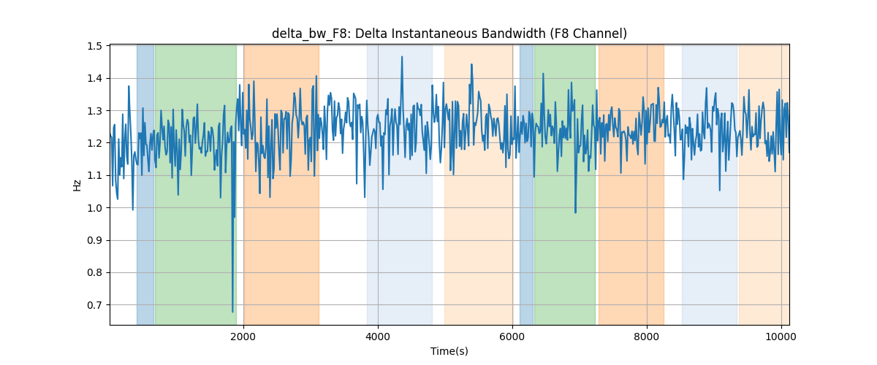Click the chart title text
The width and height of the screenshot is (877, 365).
pos(449,34)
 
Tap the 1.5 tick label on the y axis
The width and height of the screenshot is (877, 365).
pos(94,46)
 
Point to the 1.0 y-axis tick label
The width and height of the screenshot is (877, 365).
pos(94,208)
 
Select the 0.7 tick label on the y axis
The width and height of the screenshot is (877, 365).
pos(94,304)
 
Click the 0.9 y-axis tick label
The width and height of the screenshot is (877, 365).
pos(94,240)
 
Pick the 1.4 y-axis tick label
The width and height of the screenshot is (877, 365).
pos(94,79)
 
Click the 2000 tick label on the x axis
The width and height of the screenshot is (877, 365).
pos(243,337)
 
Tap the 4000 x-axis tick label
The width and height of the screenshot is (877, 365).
pos(378,337)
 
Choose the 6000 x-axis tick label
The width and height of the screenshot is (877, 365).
pos(512,337)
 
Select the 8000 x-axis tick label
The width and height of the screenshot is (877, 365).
pos(647,337)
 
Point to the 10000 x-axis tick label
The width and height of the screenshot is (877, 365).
pos(781,337)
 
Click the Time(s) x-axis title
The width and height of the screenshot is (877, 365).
pos(449,351)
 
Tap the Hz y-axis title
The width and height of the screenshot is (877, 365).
pos(77,185)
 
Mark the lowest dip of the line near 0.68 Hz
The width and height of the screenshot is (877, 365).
pos(232,312)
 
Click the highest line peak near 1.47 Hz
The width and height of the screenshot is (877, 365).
pos(402,57)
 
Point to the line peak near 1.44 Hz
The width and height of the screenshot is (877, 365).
pos(471,64)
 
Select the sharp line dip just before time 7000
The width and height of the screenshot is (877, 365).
pos(575,212)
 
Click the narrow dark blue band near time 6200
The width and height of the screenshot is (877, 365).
pos(527,185)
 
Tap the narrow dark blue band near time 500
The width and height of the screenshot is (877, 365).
pos(145,185)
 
